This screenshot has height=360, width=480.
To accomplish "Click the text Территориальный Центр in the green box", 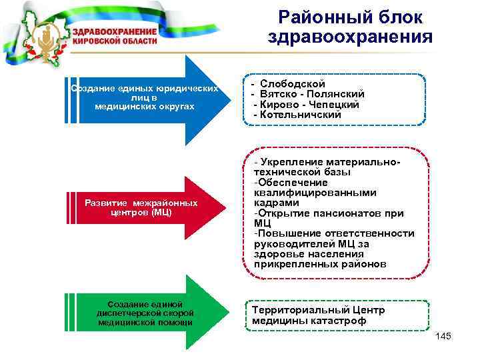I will click(319, 310).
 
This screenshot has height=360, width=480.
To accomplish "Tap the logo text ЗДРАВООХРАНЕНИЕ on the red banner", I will click(114, 32).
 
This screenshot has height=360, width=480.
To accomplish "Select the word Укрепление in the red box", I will click(289, 162).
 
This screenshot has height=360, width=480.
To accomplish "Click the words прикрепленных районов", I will click(319, 264).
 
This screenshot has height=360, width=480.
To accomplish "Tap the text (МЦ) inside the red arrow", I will click(161, 212).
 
